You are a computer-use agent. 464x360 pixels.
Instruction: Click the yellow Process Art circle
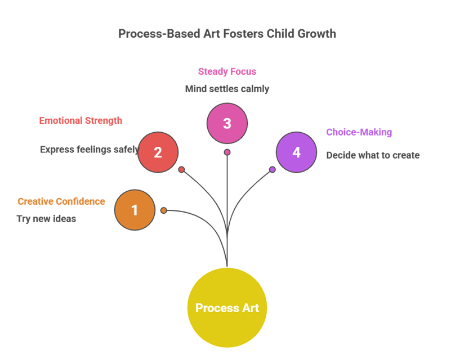click(x=227, y=308)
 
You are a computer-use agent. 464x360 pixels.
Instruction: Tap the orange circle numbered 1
click(x=135, y=210)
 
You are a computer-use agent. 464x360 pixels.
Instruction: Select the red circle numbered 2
click(x=158, y=152)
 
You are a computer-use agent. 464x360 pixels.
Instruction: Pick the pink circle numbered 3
click(x=227, y=123)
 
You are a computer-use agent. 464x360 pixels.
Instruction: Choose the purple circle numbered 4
click(x=296, y=152)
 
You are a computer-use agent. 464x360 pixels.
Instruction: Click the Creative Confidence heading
click(x=61, y=201)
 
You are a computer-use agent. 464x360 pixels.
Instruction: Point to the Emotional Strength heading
click(x=81, y=120)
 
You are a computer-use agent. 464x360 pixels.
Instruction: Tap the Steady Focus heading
click(x=227, y=71)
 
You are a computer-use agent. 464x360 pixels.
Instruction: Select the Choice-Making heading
click(x=359, y=132)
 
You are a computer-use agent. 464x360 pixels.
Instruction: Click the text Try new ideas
click(x=46, y=219)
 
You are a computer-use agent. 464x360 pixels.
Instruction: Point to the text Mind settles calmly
click(x=227, y=89)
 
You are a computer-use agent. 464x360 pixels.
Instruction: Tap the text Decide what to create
click(x=373, y=155)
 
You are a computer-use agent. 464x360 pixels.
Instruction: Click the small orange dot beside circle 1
click(x=164, y=210)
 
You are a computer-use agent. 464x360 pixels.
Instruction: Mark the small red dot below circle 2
click(x=181, y=169)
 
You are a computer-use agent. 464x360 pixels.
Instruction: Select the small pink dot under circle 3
click(x=227, y=152)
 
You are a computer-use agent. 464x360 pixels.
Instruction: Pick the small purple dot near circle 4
click(x=273, y=169)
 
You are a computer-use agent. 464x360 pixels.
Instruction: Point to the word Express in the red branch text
click(x=54, y=150)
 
